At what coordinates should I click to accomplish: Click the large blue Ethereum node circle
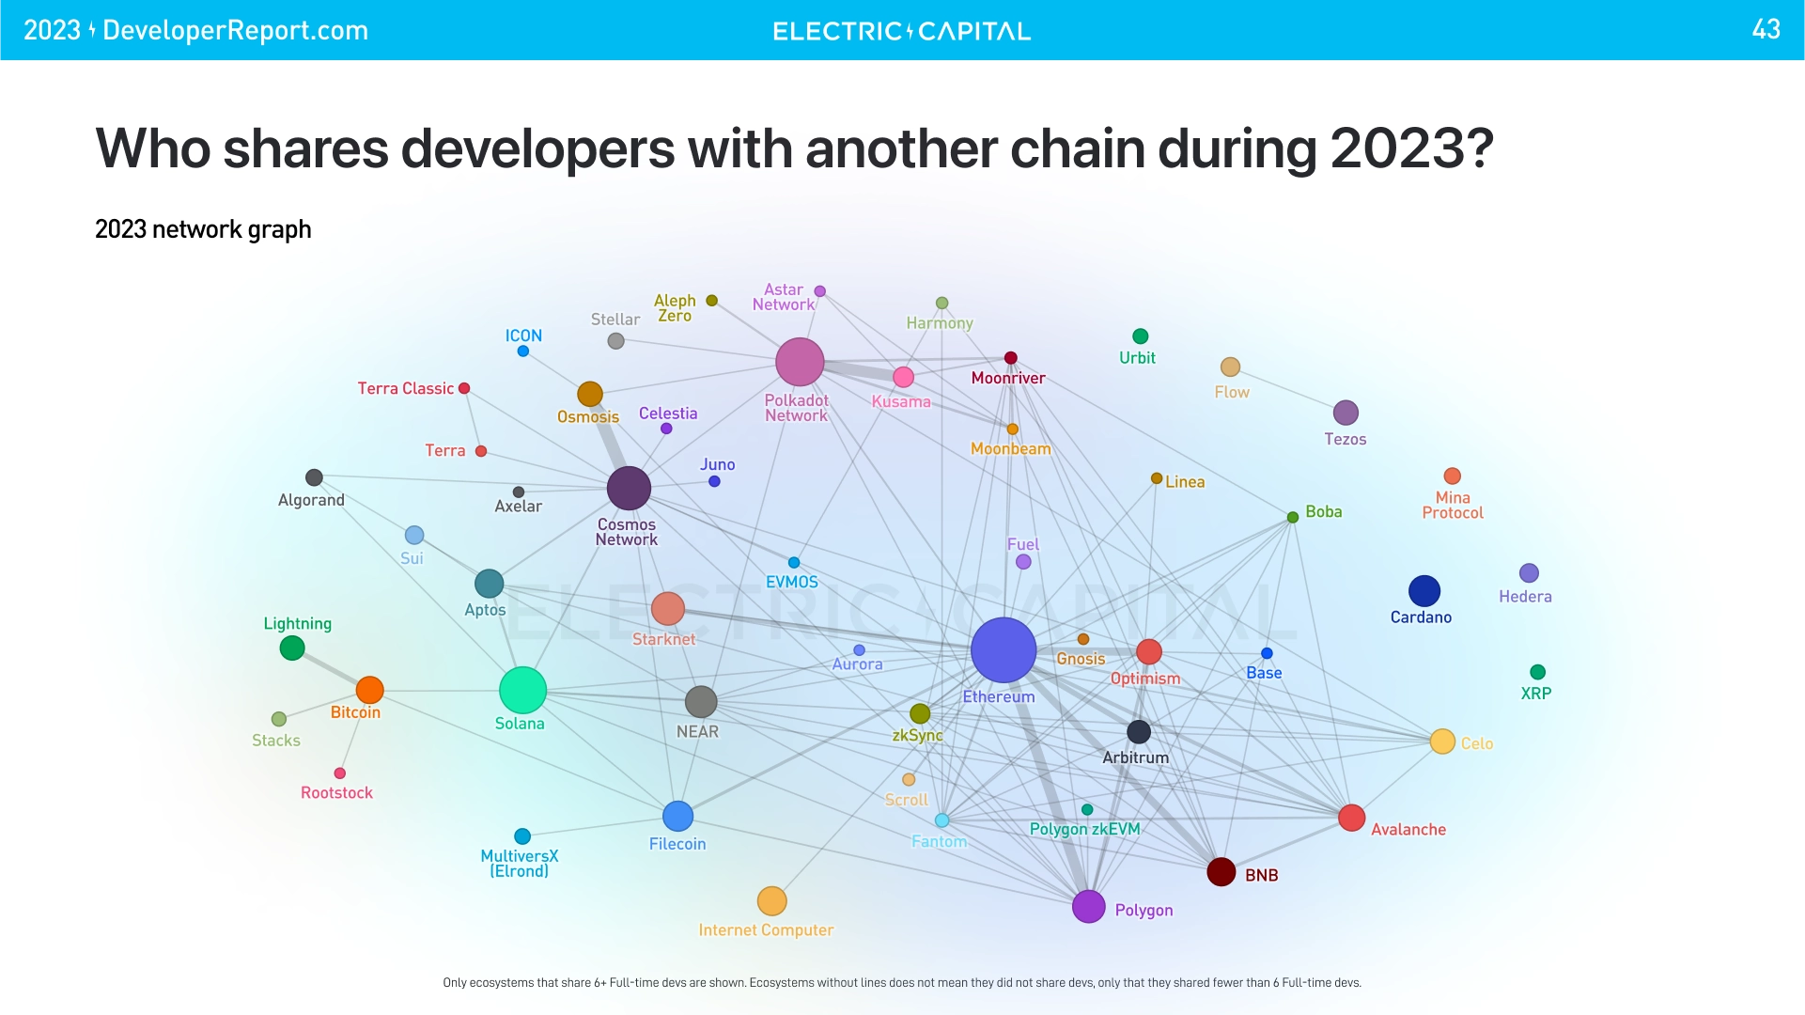pos(1004,649)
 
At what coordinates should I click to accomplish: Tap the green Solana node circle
pos(522,690)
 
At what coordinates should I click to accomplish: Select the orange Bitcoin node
pos(370,690)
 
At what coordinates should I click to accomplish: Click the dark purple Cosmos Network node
pos(629,488)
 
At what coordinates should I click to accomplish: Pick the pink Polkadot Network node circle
pos(800,362)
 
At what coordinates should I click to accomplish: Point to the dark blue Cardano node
pos(1424,591)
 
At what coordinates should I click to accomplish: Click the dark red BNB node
pos(1221,872)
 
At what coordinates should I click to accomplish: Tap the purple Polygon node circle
pos(1088,907)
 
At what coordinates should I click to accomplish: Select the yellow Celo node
pos(1442,742)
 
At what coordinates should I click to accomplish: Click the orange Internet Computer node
pos(771,901)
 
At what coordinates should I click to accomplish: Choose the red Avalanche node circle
pos(1351,818)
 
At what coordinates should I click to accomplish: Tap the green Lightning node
pos(292,648)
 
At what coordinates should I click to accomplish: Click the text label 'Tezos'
pos(1345,439)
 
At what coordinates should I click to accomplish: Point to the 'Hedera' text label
pos(1525,597)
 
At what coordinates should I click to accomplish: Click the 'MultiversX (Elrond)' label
pos(520,864)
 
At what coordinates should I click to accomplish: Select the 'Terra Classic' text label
pos(405,388)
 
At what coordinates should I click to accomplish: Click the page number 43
pos(1766,30)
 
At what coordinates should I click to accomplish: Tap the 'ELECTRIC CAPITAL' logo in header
pos(902,31)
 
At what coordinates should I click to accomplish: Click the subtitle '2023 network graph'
pos(203,229)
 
